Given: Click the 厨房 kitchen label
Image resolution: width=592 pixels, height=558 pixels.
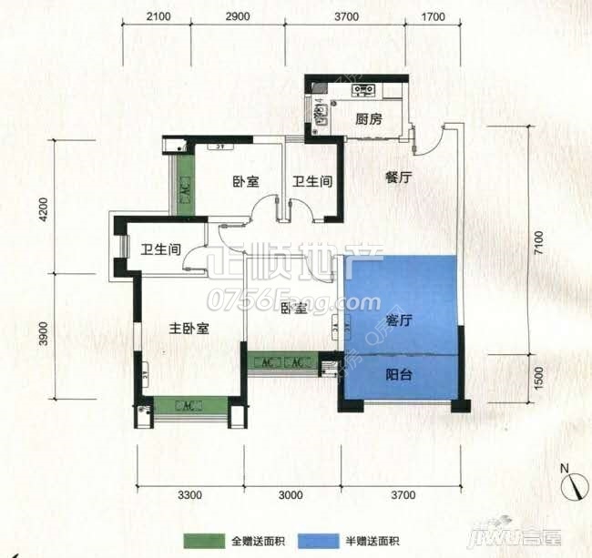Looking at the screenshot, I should pos(368,118).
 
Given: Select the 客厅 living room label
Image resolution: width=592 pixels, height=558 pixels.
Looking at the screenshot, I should pos(400,320).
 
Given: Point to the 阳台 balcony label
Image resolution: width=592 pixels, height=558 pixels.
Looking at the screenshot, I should pos(399,374).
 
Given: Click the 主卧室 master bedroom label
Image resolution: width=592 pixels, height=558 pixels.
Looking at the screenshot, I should pos(189,329).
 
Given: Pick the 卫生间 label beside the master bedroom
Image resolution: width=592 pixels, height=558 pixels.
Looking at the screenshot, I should pos(160,249).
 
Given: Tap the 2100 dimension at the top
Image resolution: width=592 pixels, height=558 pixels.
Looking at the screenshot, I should pos(158,17).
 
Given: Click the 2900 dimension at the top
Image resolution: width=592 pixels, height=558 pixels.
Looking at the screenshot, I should pos(237,17).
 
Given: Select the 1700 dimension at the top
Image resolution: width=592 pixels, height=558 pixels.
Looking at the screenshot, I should pos(434,17).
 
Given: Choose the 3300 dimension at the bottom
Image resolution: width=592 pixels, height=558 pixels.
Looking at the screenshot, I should pos(189,495).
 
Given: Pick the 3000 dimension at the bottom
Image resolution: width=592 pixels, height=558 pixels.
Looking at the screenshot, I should pos(290,495).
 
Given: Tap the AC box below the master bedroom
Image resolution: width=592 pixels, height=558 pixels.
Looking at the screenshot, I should pos(189,404).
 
